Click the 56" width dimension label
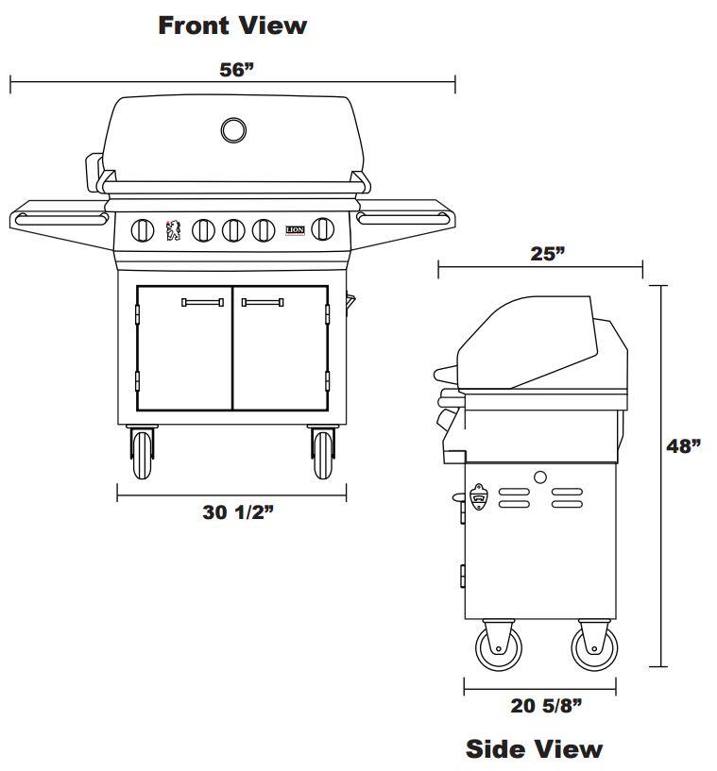[x=237, y=70]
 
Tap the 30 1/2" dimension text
[x=238, y=512]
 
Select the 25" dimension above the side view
[x=548, y=253]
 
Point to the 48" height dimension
[x=684, y=446]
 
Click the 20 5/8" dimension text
[x=546, y=706]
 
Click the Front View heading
[x=232, y=25]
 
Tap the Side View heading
[x=534, y=749]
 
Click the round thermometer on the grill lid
[x=233, y=130]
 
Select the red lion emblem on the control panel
[x=173, y=230]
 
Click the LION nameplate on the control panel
[x=296, y=230]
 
